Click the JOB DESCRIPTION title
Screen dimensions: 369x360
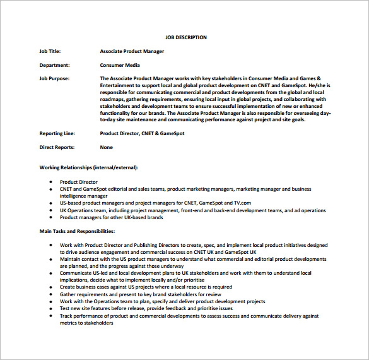(185, 37)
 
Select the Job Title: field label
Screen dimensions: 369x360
(50, 51)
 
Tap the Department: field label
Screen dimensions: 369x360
(54, 64)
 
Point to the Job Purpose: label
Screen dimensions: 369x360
(54, 78)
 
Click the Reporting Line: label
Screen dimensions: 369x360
(57, 133)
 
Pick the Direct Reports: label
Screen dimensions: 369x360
(57, 147)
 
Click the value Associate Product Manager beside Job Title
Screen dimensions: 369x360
(132, 51)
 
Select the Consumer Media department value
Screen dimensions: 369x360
(119, 64)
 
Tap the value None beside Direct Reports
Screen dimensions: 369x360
(106, 147)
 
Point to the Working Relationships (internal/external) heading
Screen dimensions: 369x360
(89, 167)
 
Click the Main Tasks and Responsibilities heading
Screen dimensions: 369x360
(77, 231)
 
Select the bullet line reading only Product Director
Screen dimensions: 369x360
(79, 182)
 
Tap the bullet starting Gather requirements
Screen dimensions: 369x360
(140, 294)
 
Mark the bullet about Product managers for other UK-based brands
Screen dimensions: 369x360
(111, 217)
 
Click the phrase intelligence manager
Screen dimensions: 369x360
(84, 196)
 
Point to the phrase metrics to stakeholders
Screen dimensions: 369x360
(86, 323)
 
